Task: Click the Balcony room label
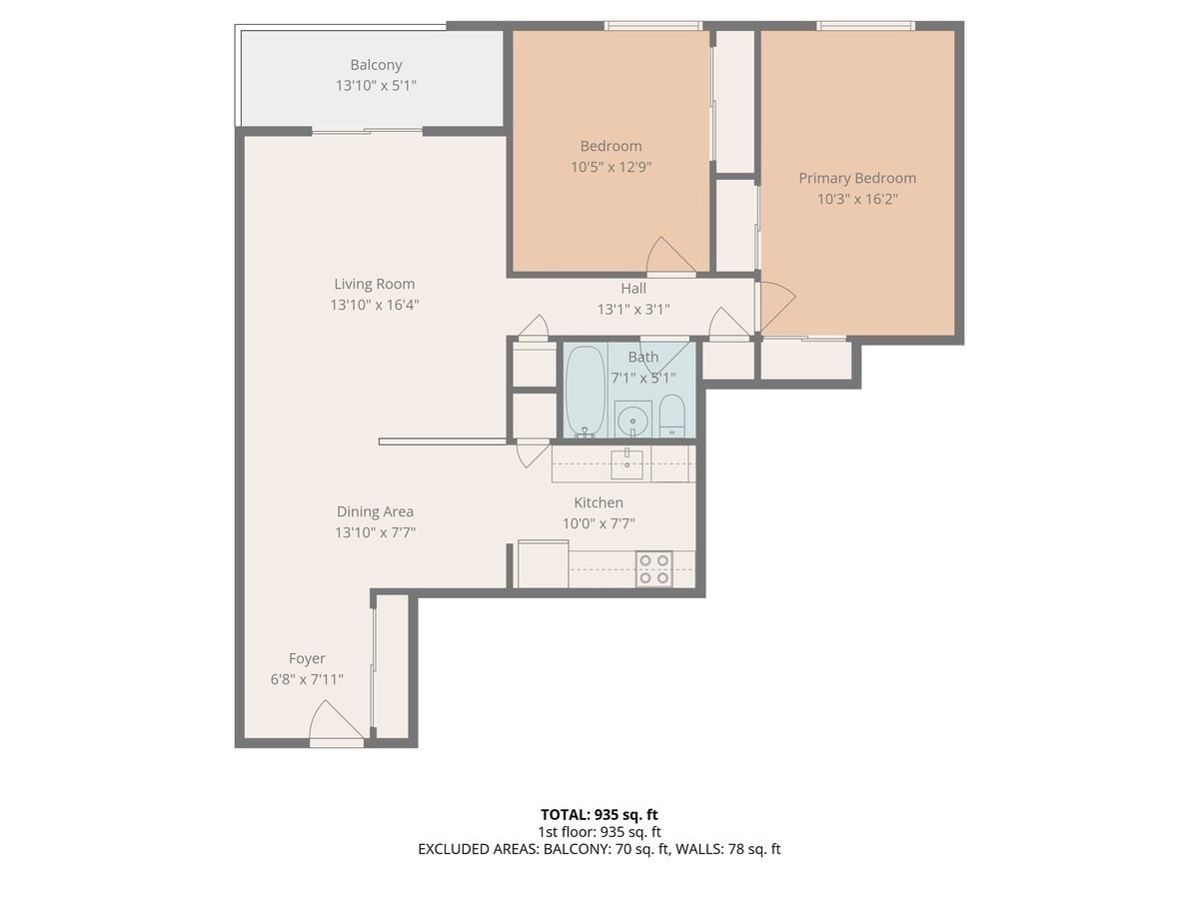pyautogui.click(x=376, y=65)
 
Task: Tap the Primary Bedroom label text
pyautogui.click(x=856, y=178)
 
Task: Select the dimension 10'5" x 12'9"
pyautogui.click(x=611, y=168)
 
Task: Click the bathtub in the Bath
pyautogui.click(x=586, y=391)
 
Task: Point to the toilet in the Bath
pyautogui.click(x=672, y=416)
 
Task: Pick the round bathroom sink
pyautogui.click(x=632, y=421)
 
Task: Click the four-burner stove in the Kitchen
pyautogui.click(x=654, y=569)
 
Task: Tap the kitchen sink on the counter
pyautogui.click(x=627, y=459)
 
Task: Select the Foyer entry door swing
pyautogui.click(x=334, y=722)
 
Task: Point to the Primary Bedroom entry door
pyautogui.click(x=775, y=305)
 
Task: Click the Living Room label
pyautogui.click(x=374, y=284)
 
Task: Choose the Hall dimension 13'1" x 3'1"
pyautogui.click(x=632, y=310)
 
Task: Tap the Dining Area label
pyautogui.click(x=375, y=511)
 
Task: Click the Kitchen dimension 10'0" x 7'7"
pyautogui.click(x=598, y=523)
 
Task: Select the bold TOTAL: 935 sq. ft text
pyautogui.click(x=599, y=814)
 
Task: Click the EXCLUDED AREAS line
pyautogui.click(x=599, y=849)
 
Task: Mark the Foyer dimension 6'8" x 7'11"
pyautogui.click(x=307, y=679)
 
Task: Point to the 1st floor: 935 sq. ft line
pyautogui.click(x=599, y=831)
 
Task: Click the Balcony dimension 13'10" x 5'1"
pyautogui.click(x=376, y=86)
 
